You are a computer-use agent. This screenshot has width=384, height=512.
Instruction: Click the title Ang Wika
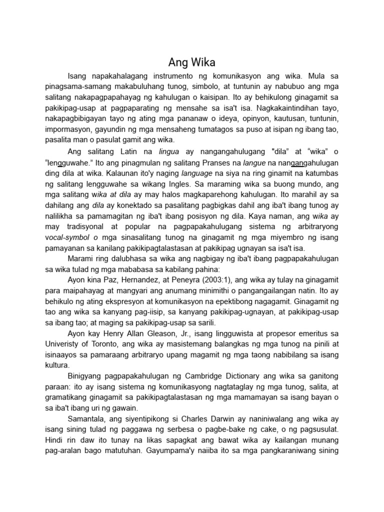[191, 63]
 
